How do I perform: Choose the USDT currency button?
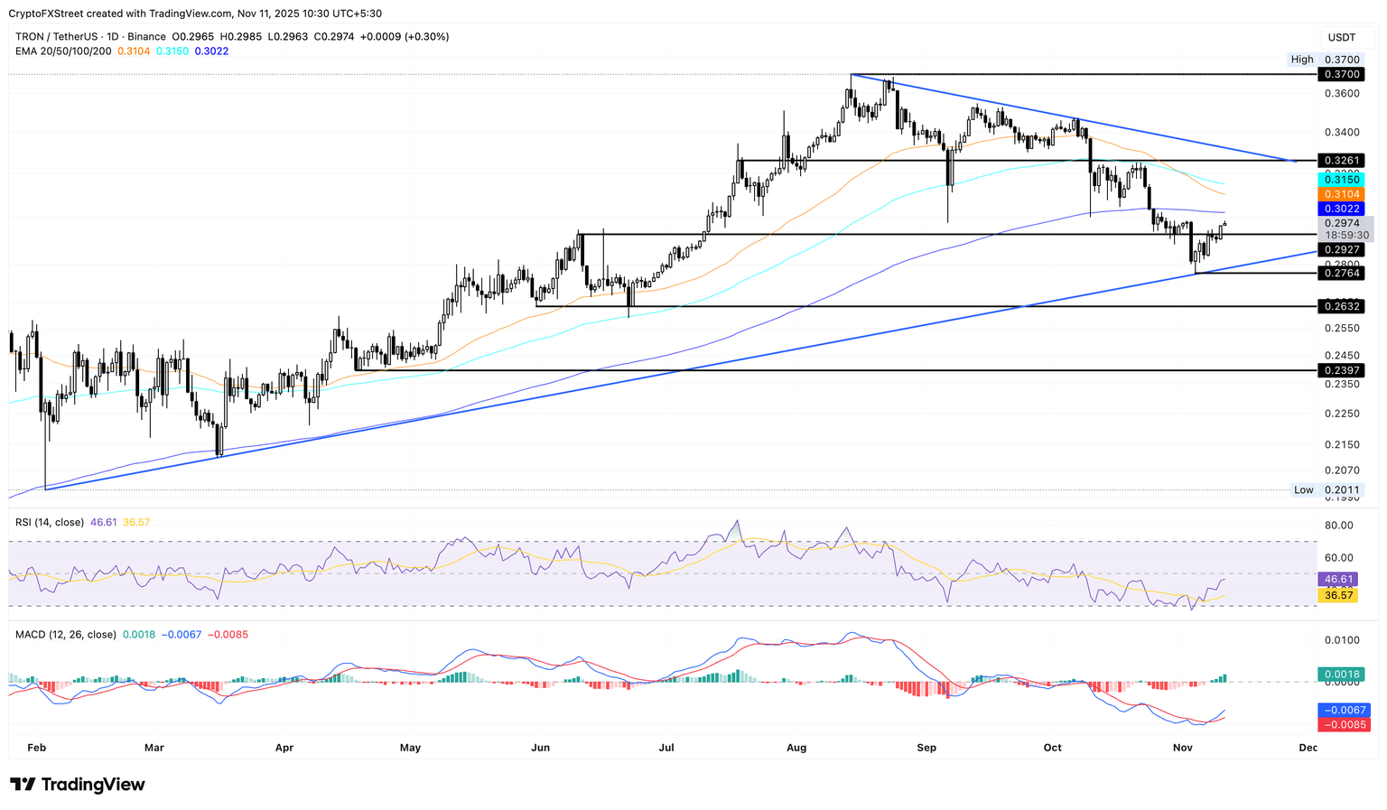tap(1341, 37)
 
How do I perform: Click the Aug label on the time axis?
tap(796, 748)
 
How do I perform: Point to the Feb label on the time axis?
tap(36, 748)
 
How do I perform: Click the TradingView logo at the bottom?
tap(78, 785)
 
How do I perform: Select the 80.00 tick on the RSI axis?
tap(1338, 526)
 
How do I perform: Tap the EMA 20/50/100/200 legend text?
tap(63, 51)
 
